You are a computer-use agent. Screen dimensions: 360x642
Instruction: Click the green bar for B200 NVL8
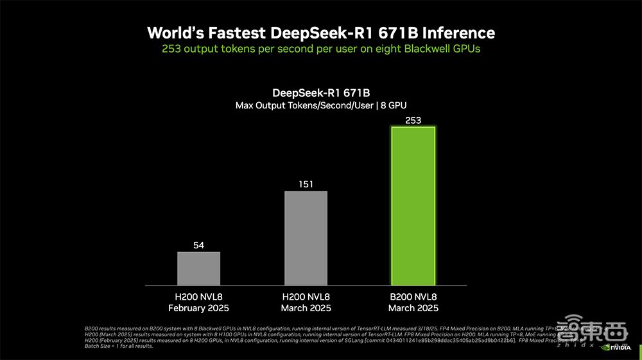[413, 205]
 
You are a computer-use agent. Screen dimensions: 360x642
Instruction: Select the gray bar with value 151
[306, 238]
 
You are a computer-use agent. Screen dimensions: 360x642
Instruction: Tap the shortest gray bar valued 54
[199, 268]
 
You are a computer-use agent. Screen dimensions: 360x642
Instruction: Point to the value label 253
[413, 120]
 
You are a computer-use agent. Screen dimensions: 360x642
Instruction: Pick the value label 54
[199, 245]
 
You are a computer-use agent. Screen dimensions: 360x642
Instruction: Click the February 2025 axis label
[199, 308]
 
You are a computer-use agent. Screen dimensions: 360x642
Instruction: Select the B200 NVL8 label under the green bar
[413, 297]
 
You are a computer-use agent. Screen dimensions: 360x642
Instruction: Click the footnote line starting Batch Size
[119, 347]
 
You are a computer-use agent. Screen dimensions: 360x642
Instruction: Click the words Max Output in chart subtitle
[259, 105]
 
